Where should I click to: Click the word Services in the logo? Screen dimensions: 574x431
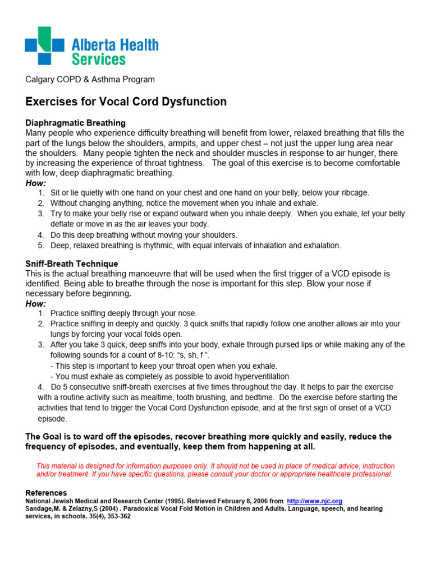[99, 58]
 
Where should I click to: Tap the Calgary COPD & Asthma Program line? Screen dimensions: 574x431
[90, 80]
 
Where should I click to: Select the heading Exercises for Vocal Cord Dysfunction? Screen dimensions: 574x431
[126, 101]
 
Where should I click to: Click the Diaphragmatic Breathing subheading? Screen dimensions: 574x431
[76, 123]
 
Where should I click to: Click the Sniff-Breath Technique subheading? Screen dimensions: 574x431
[72, 263]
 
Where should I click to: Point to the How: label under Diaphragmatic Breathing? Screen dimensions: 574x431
[36, 183]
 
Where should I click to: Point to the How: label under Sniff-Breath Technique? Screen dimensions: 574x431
[36, 304]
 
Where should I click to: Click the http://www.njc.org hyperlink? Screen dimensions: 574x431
[314, 501]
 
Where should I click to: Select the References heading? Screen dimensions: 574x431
[47, 493]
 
